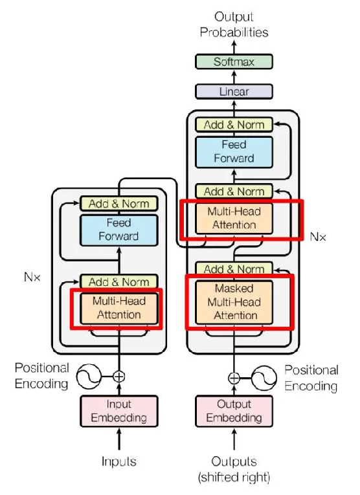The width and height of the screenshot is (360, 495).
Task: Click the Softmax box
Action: click(x=234, y=61)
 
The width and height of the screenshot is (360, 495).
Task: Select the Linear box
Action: click(x=234, y=91)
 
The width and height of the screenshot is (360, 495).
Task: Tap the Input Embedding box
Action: click(x=119, y=411)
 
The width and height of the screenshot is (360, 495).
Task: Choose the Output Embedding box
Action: click(x=234, y=411)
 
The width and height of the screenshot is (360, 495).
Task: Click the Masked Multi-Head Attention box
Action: click(x=234, y=302)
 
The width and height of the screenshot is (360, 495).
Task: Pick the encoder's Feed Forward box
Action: click(x=118, y=230)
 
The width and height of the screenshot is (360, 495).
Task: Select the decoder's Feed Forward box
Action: click(x=234, y=152)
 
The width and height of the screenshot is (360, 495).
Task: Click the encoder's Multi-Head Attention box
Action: click(x=119, y=308)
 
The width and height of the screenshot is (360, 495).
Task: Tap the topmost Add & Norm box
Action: click(x=234, y=125)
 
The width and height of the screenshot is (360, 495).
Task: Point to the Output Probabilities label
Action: click(x=234, y=25)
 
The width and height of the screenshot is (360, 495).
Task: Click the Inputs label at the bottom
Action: click(x=118, y=461)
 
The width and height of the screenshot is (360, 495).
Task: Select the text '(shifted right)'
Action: click(x=234, y=478)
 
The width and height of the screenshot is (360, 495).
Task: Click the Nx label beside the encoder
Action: click(x=32, y=277)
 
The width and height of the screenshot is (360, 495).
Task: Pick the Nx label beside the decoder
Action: click(x=318, y=237)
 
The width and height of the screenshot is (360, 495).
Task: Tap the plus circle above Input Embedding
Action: click(x=119, y=377)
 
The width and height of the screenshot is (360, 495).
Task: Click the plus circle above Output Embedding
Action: click(x=234, y=378)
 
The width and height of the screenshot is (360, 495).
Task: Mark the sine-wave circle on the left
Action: click(x=89, y=377)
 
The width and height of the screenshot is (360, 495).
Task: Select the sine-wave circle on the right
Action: click(x=264, y=378)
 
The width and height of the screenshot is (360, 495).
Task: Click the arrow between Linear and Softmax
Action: click(x=234, y=77)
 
